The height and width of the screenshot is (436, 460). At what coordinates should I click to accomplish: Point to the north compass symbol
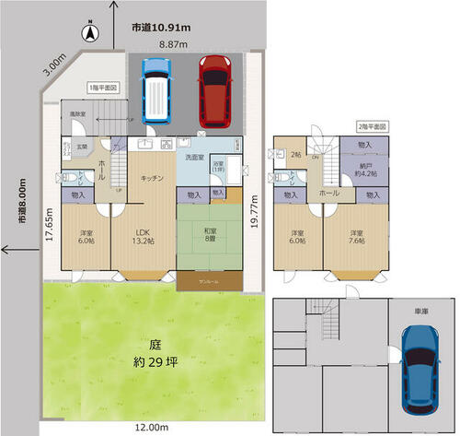(x=90, y=36)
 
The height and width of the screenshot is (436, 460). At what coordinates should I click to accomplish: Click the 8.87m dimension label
(x=171, y=43)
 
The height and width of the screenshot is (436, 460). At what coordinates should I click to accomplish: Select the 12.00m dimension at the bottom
(x=151, y=428)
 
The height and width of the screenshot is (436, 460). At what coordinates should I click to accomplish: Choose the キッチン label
(x=152, y=178)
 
